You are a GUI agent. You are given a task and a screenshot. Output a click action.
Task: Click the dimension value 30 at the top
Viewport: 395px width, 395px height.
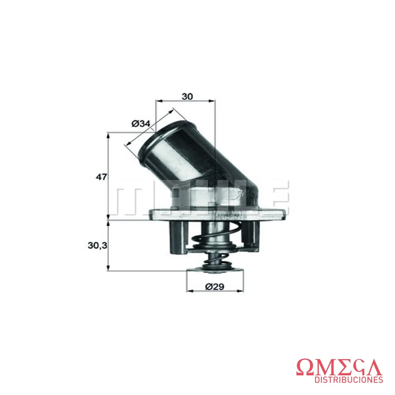pos(187,96)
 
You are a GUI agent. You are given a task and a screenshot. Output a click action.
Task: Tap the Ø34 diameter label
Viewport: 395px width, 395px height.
pos(141,123)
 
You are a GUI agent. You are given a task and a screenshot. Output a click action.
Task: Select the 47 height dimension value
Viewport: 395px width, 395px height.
pos(101,177)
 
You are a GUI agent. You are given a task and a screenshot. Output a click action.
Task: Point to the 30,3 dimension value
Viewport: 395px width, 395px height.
pos(97,245)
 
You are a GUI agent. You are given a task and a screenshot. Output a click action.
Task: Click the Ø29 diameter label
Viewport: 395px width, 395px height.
pos(214,287)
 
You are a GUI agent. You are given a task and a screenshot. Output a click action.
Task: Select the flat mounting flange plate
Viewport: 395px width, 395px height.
pos(218,214)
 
